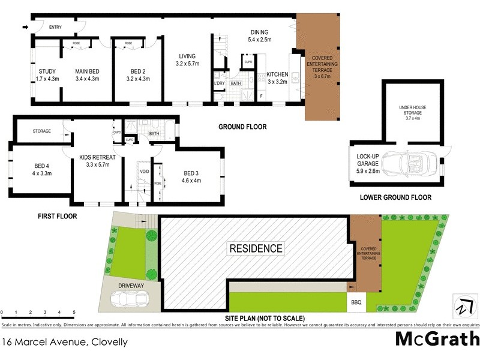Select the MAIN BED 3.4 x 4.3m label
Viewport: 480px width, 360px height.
(x=87, y=75)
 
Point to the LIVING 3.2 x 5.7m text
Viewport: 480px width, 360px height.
(x=187, y=59)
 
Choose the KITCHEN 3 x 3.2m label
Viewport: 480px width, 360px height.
(x=278, y=78)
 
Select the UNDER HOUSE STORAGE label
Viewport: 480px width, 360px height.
(x=412, y=111)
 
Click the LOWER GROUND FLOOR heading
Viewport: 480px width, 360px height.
(x=395, y=197)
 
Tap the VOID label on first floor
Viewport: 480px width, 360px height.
(x=144, y=170)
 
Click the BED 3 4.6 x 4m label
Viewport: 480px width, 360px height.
(x=192, y=176)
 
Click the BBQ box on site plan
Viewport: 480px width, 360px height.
(x=356, y=302)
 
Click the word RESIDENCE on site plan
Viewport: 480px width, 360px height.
(x=255, y=248)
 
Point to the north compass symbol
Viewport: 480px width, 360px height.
(x=461, y=304)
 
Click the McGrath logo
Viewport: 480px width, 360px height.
(x=437, y=339)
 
